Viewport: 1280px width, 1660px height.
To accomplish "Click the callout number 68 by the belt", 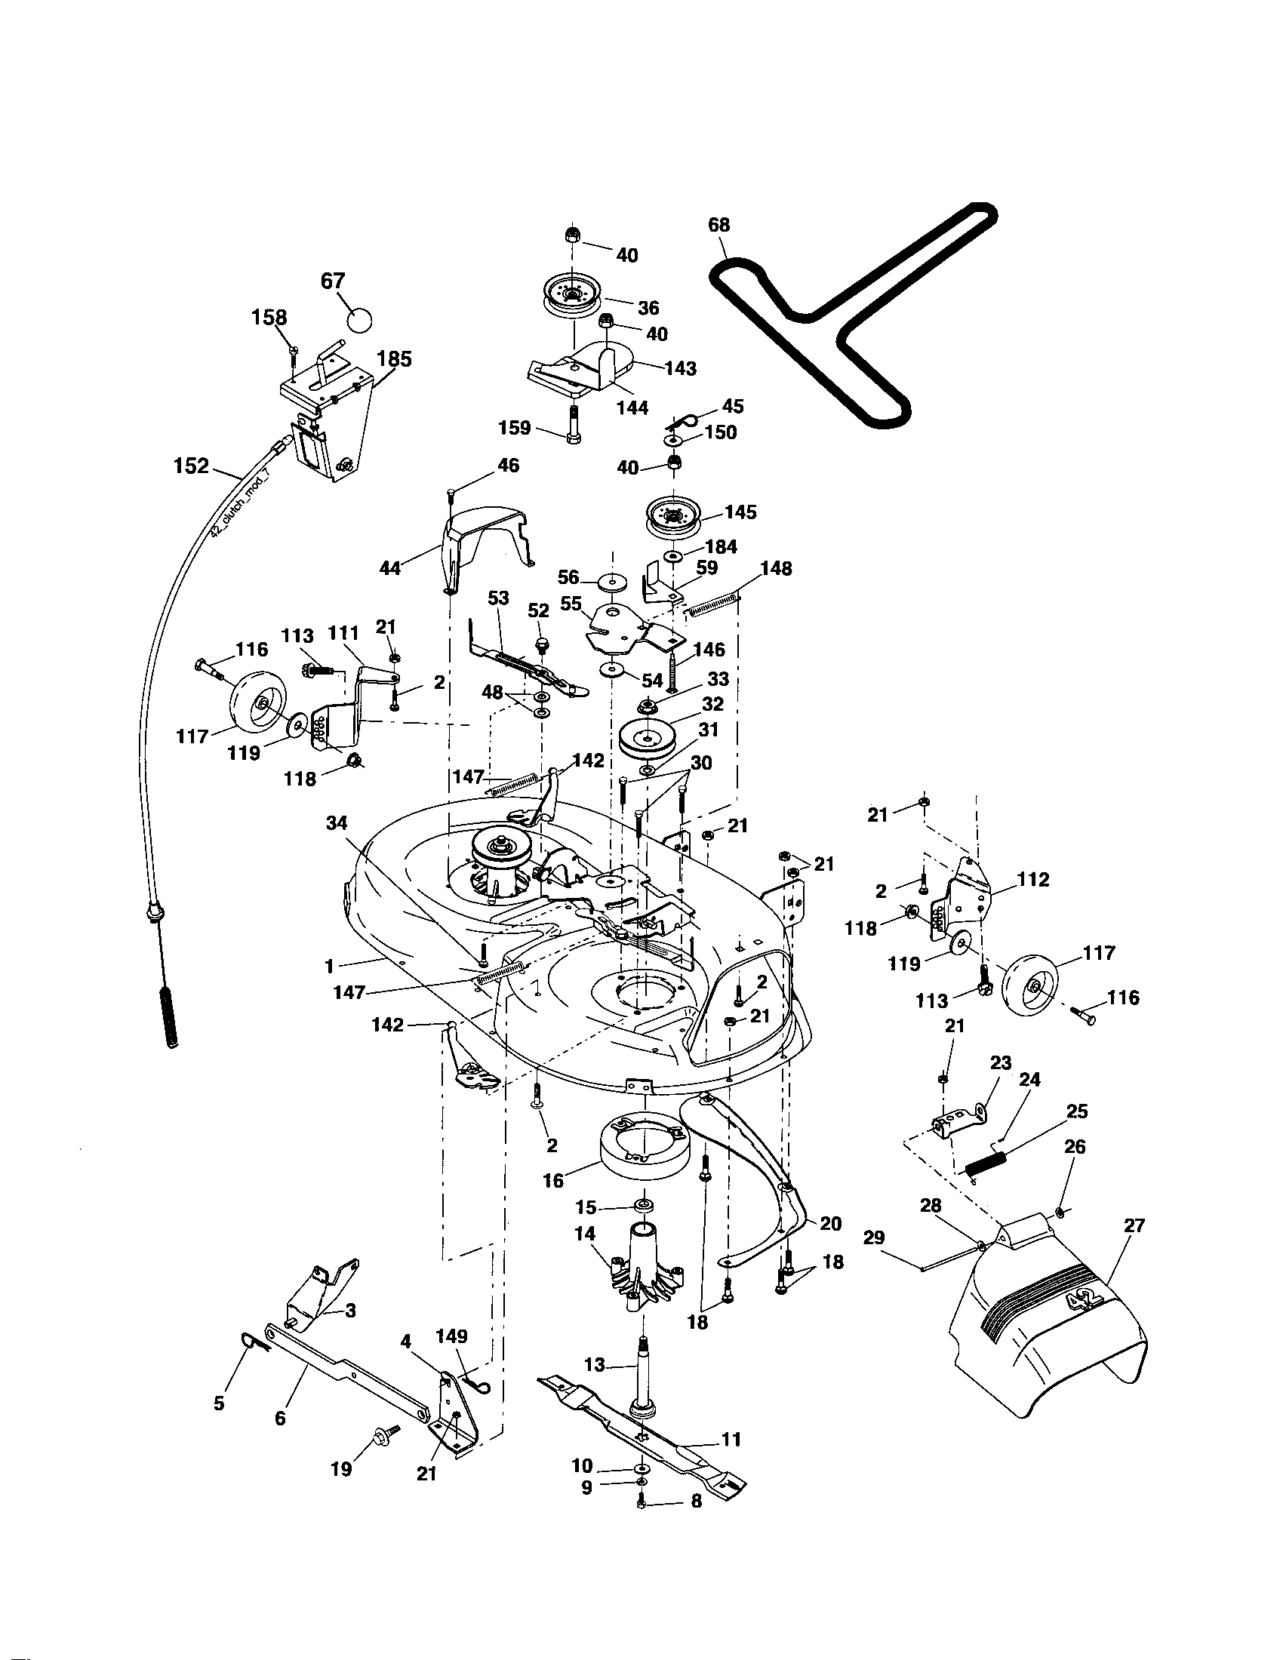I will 718,225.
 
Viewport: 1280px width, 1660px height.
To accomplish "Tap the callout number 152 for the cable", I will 192,466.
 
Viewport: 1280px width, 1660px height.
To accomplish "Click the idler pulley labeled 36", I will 572,296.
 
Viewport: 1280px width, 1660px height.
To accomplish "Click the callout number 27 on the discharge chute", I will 1134,1226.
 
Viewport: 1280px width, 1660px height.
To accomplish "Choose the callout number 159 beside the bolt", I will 514,428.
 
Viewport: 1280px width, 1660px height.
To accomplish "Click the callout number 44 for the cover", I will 389,567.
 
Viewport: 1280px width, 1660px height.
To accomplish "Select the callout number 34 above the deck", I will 337,822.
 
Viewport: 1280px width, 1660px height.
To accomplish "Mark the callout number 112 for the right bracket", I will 1033,879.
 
